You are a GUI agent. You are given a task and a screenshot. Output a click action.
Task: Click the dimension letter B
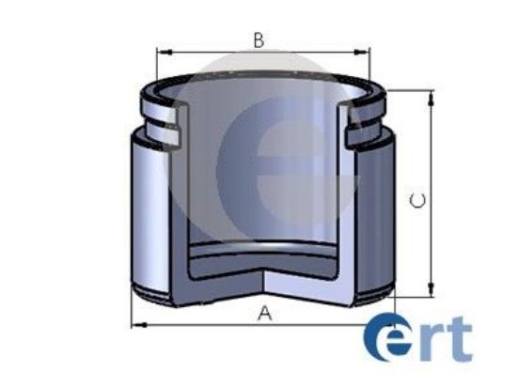pos(258,39)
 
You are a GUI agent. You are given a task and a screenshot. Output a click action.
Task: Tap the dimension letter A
pos(264,314)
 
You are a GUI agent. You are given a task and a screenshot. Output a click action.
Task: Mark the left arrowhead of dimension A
pos(134,325)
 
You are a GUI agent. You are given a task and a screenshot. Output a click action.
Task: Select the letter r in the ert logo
pos(430,343)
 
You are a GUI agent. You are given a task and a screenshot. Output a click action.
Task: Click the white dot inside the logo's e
pos(388,339)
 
